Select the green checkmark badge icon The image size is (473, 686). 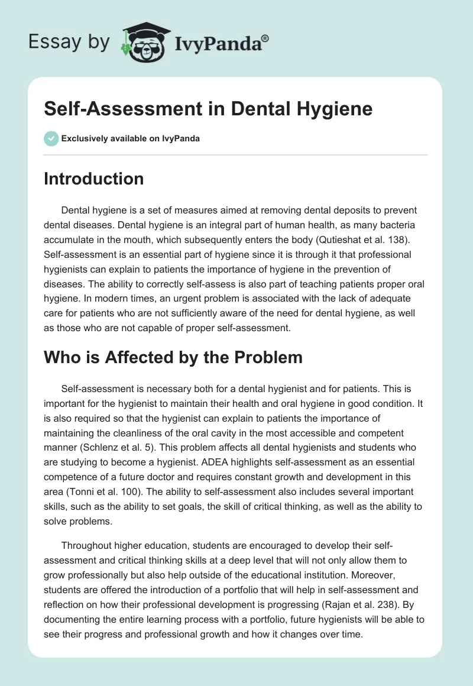tap(51, 138)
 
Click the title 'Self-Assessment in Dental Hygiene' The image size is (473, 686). tap(208, 109)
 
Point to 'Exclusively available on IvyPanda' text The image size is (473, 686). tap(131, 138)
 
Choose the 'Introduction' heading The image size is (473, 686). tap(93, 179)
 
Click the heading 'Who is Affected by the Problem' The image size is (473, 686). tap(173, 357)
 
